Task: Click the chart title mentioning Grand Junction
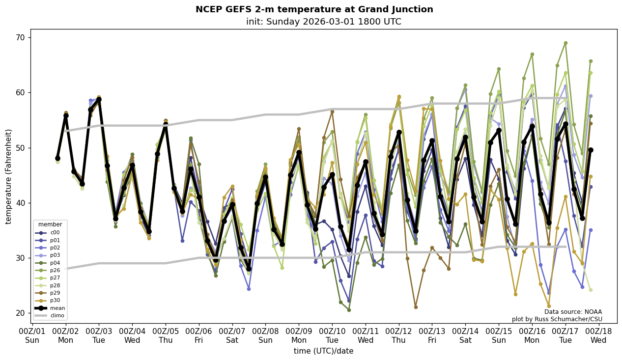(314, 9)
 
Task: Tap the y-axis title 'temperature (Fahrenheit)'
(8, 176)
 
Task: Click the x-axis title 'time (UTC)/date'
(323, 351)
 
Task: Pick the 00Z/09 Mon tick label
(299, 335)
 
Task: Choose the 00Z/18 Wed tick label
(598, 335)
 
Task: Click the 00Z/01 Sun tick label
(32, 335)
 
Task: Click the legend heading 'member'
(50, 224)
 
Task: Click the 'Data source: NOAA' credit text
(573, 312)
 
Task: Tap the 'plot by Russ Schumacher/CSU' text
(557, 319)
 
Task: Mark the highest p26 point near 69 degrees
(565, 43)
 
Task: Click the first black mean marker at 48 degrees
(57, 158)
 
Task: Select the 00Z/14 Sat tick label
(465, 335)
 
